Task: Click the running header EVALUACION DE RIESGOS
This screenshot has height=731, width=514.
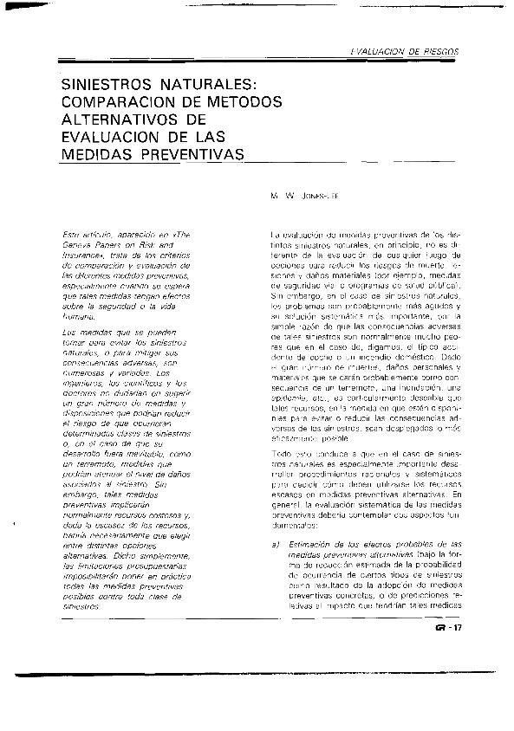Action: [x=406, y=52]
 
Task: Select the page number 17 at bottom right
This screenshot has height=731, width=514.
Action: [x=459, y=630]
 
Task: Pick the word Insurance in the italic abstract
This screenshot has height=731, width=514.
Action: [x=81, y=256]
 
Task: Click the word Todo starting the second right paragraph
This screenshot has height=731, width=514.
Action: [x=283, y=452]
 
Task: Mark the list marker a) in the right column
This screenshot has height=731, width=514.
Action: [x=275, y=543]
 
